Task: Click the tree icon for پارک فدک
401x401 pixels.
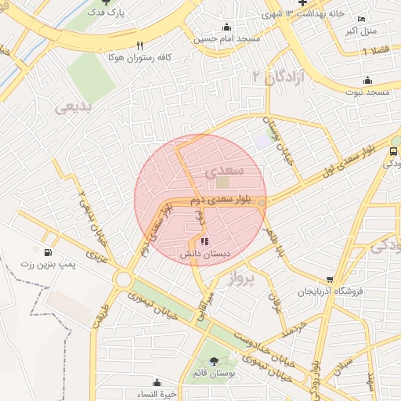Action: [106, 3]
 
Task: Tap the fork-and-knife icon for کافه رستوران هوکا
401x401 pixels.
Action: [140, 45]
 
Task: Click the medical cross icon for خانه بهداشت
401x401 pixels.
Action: [302, 3]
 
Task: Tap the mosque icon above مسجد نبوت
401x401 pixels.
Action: [367, 81]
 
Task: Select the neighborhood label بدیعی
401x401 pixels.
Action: [76, 106]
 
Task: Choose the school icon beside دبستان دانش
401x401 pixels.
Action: [205, 242]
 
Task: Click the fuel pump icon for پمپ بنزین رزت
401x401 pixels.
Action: [49, 253]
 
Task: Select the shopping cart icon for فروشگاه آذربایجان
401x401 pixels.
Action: [331, 280]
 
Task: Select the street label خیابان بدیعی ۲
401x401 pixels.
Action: [92, 216]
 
